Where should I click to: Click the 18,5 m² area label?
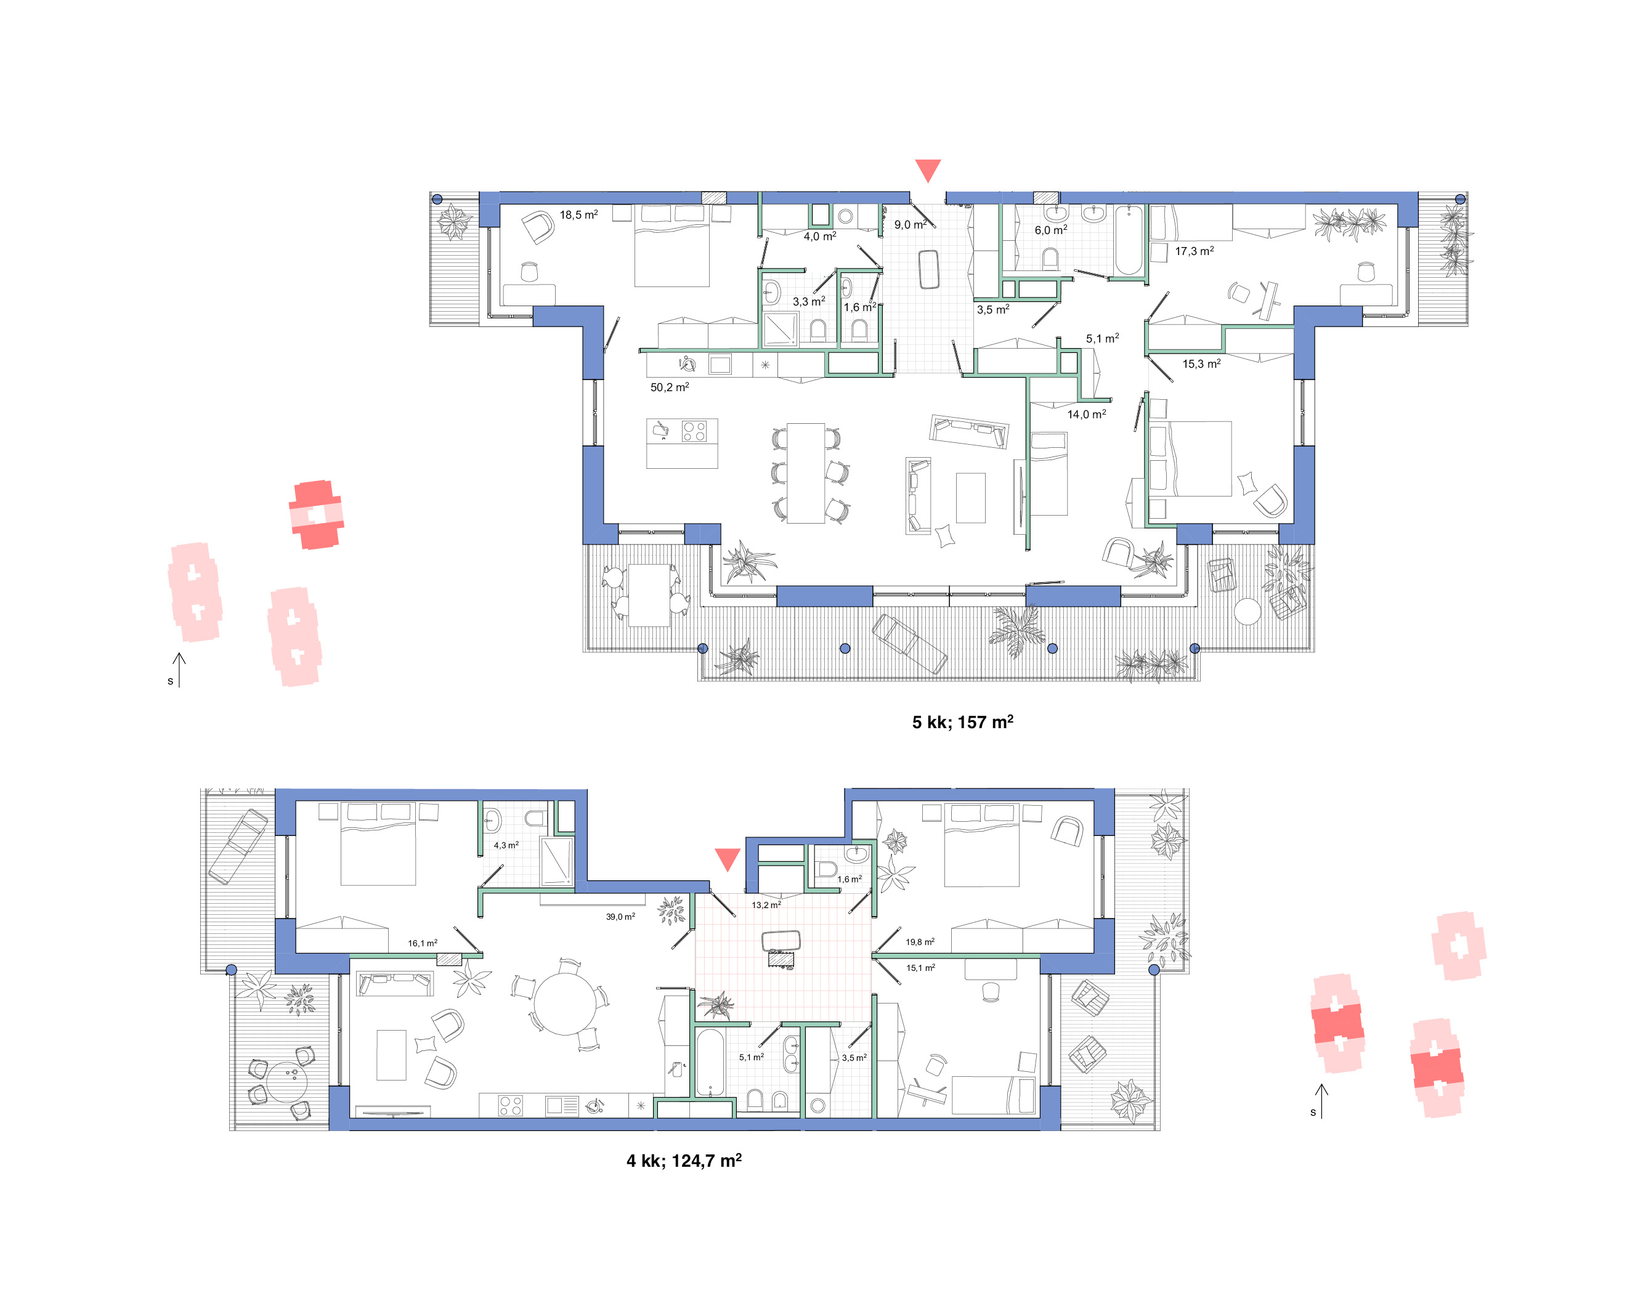pos(578,215)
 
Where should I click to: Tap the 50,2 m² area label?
pos(669,387)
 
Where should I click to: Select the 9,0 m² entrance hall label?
pos(910,225)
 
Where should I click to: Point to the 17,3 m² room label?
pos(1194,251)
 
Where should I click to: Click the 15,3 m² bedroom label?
pos(1201,363)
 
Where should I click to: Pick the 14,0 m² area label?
pos(1086,414)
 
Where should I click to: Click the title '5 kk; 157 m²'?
pos(962,722)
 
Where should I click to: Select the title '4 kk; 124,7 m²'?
pos(684,1160)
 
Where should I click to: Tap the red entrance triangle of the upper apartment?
pos(927,169)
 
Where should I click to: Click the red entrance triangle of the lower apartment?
pos(728,858)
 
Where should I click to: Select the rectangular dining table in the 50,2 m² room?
pos(806,473)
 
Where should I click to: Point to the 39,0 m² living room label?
pos(620,916)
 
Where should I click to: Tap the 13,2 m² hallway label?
pos(766,905)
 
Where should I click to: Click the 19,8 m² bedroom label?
pos(920,942)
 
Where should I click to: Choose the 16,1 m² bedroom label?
pos(422,943)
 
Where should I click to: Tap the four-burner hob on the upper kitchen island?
pos(694,431)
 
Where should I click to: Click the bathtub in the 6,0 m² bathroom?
pos(1129,239)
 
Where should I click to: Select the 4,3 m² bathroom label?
pos(506,845)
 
